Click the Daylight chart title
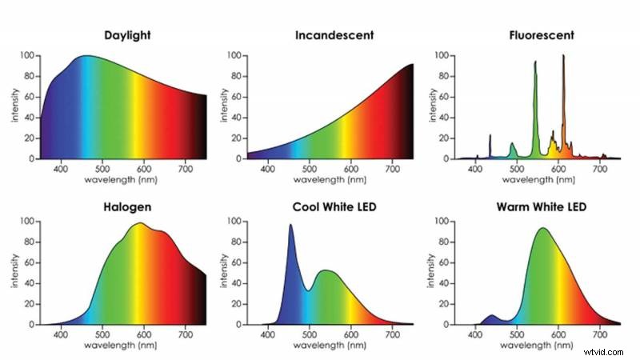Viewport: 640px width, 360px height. coord(129,36)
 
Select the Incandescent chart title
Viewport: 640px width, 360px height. coord(334,36)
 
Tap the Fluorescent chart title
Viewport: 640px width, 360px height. coord(540,36)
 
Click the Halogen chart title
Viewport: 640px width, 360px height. coord(129,207)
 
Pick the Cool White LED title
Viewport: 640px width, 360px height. coord(334,207)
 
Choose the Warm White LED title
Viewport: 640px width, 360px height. coord(540,207)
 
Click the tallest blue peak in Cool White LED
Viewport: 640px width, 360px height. coord(290,226)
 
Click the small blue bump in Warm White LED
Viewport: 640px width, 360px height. coord(492,316)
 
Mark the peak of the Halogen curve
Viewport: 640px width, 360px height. coord(140,224)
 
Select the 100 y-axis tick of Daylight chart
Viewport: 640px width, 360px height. coord(27,56)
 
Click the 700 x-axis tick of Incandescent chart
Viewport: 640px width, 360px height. coord(393,170)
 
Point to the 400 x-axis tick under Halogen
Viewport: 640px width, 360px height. coord(61,335)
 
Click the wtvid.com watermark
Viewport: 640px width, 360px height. coord(610,350)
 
